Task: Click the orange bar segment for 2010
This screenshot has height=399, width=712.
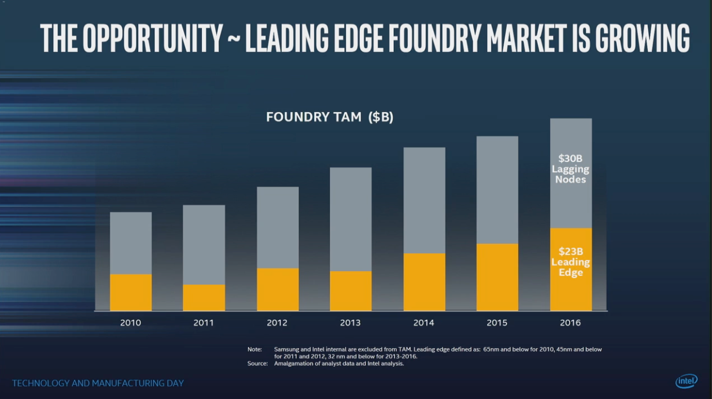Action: tap(131, 292)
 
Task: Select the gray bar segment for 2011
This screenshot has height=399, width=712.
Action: tap(204, 245)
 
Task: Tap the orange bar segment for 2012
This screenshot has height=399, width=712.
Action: tap(278, 289)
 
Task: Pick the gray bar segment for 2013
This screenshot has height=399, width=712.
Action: tap(351, 219)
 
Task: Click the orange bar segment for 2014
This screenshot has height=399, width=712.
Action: tap(424, 282)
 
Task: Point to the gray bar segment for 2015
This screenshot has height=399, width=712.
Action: tap(497, 190)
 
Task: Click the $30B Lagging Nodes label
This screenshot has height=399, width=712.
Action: tap(570, 168)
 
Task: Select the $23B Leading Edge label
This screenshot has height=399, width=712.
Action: tap(570, 262)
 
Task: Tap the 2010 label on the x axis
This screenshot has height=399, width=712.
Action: tap(131, 323)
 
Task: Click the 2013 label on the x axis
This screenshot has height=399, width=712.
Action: tap(351, 323)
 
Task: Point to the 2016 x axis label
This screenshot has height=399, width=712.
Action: tap(570, 323)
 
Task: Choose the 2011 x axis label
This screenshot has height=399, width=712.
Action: tap(204, 323)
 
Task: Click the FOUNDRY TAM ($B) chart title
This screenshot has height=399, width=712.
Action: tap(330, 117)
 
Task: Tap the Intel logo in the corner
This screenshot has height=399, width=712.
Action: tap(686, 381)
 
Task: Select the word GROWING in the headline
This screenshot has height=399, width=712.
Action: tap(642, 39)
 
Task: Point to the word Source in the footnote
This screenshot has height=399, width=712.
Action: tap(257, 364)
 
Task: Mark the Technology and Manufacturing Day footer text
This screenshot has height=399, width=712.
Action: tap(98, 383)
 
